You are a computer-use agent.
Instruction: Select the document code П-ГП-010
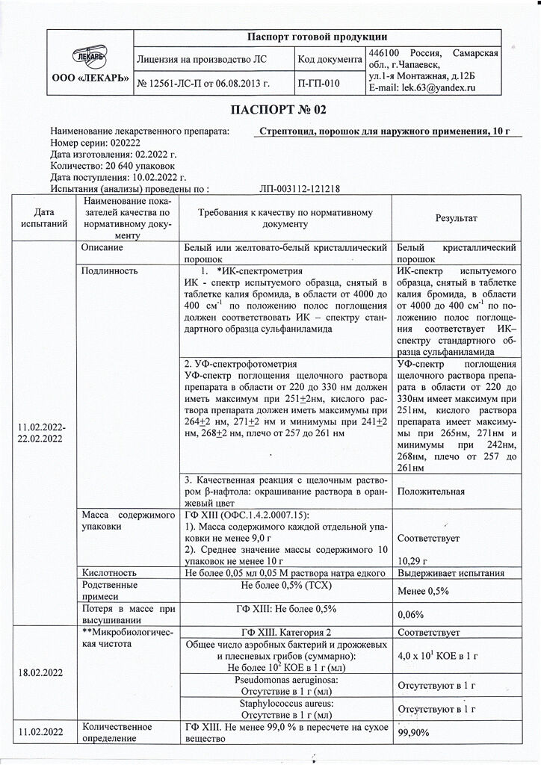pos(317,82)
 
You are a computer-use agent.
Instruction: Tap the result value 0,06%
pos(411,614)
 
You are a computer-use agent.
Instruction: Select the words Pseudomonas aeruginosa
pos(285,681)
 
